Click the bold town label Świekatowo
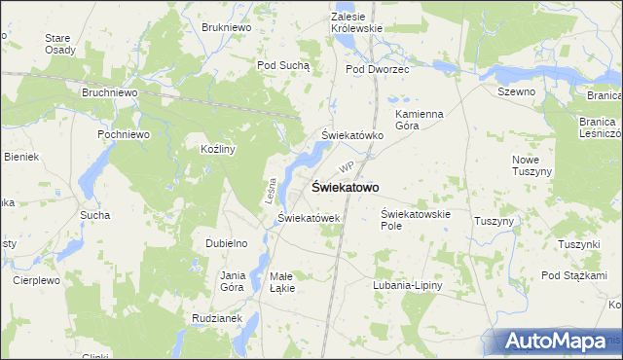(x=345, y=187)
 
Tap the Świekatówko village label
(x=352, y=136)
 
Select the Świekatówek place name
(x=309, y=218)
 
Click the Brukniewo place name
(x=227, y=27)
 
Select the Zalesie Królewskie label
(x=357, y=23)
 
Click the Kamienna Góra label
(x=420, y=120)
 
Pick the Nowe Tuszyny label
(x=532, y=164)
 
